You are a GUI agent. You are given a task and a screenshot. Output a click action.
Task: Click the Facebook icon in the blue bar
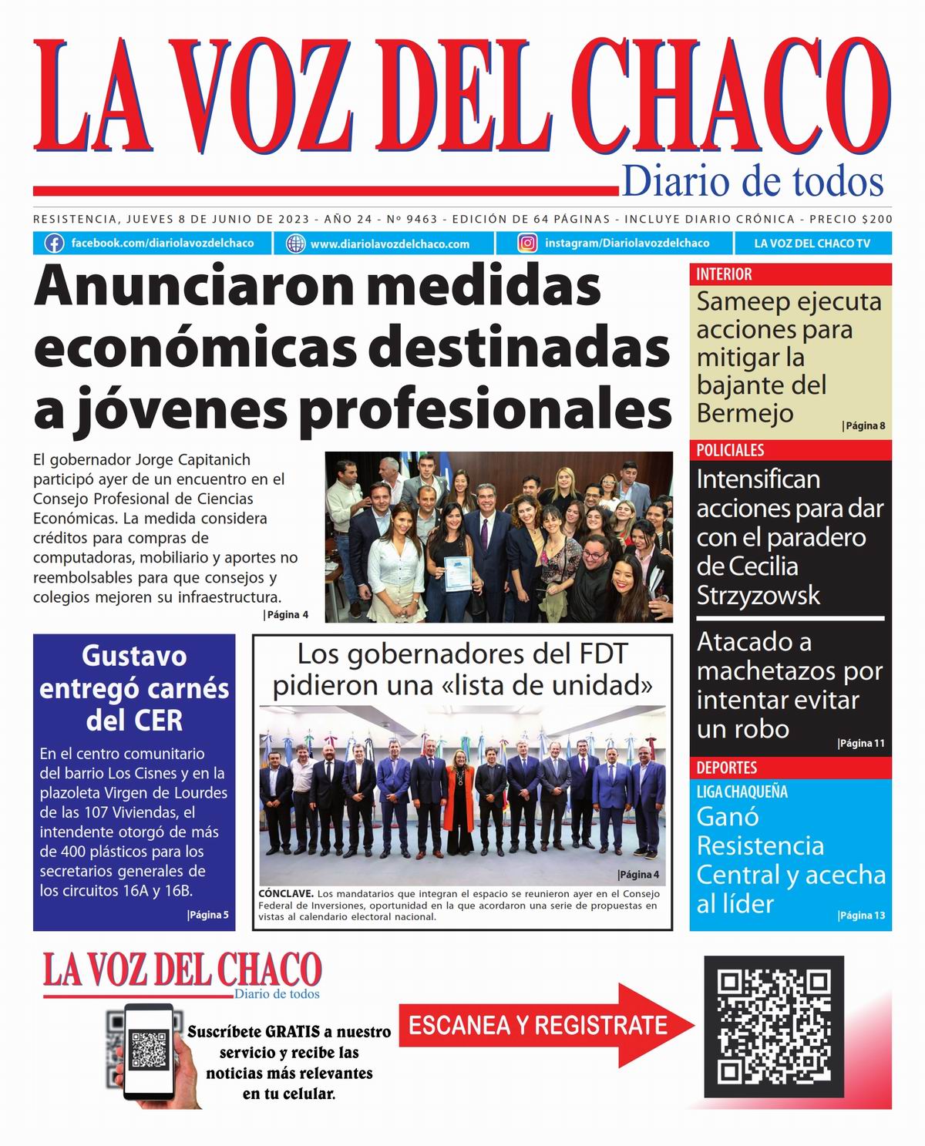pyautogui.click(x=54, y=244)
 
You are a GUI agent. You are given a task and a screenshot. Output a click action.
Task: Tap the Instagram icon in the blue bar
pyautogui.click(x=528, y=244)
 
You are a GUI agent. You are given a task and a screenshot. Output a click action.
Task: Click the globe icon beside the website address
pyautogui.click(x=296, y=244)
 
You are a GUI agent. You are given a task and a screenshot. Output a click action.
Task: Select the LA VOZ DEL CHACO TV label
pyautogui.click(x=812, y=244)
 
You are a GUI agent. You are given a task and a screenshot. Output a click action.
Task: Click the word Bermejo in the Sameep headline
pyautogui.click(x=734, y=413)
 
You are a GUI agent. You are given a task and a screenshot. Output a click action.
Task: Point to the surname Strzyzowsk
pyautogui.click(x=758, y=596)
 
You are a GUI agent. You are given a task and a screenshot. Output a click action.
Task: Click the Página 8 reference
pyautogui.click(x=864, y=425)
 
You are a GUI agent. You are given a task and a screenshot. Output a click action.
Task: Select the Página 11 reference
pyautogui.click(x=861, y=743)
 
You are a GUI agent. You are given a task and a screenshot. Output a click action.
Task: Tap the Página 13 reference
pyautogui.click(x=861, y=916)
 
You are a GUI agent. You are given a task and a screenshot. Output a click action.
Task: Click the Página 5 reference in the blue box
pyautogui.click(x=207, y=915)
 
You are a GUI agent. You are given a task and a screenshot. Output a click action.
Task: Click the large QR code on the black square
pyautogui.click(x=774, y=1027)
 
